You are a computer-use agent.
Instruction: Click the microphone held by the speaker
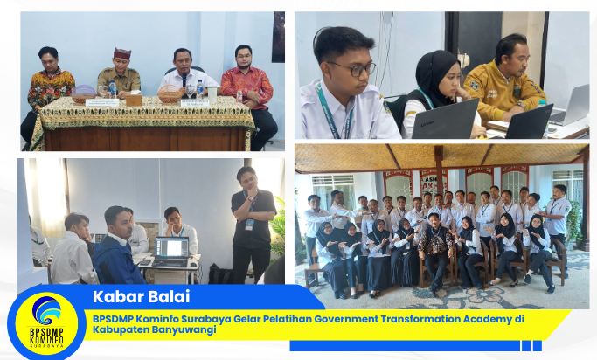184,80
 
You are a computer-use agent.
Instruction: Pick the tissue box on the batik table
133,100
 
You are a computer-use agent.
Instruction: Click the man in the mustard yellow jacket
505,83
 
